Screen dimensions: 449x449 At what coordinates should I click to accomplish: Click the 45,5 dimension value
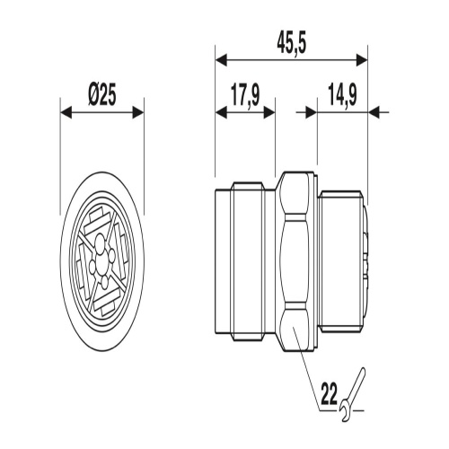click(x=292, y=45)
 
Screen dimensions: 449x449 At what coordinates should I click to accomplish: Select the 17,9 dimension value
click(x=245, y=95)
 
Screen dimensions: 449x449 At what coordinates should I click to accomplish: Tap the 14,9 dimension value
click(x=342, y=95)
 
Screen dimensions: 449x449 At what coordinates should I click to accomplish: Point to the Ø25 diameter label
click(x=102, y=96)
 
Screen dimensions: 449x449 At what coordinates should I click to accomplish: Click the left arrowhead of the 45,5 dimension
click(x=222, y=60)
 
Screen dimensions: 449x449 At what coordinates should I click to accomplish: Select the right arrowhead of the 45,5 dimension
click(x=361, y=60)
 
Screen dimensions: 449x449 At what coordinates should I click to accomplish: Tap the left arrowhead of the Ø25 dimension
click(x=66, y=112)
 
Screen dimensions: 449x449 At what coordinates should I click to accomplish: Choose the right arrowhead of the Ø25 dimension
click(x=138, y=112)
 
